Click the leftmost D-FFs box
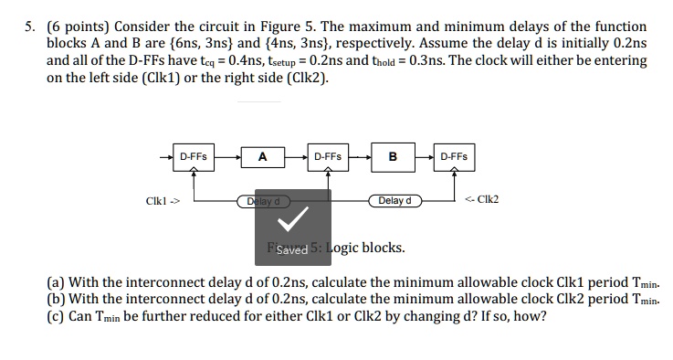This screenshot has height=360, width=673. coord(194,156)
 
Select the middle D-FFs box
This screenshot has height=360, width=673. coord(328,156)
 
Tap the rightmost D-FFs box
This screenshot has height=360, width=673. coord(454,156)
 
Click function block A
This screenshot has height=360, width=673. coord(262,156)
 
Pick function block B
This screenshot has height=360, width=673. coord(393,156)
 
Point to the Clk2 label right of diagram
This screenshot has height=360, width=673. coord(482,200)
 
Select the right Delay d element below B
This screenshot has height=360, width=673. coord(394,200)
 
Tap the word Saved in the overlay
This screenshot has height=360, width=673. coord(292,249)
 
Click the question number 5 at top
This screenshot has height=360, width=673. coord(31,26)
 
